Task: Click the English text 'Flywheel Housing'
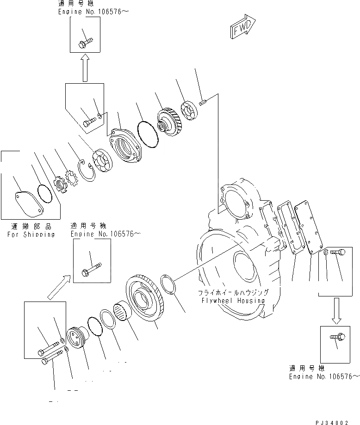pos(233,301)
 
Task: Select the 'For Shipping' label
pos(31,234)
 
